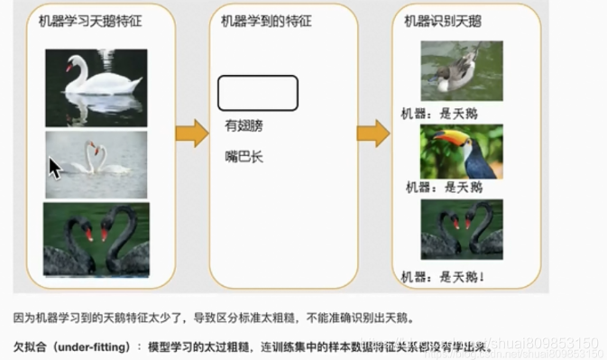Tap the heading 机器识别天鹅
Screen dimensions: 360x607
[x=442, y=22]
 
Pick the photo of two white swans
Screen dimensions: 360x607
[x=97, y=164]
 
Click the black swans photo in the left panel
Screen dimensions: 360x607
[x=96, y=239]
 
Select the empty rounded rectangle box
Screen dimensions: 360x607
[x=257, y=92]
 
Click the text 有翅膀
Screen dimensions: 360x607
[x=244, y=125]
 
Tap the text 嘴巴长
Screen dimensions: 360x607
[x=244, y=157]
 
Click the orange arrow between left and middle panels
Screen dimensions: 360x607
[x=191, y=133]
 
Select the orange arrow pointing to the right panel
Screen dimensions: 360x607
[x=372, y=134]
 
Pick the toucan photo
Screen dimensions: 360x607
[x=461, y=152]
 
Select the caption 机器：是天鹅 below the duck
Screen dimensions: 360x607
[x=439, y=114]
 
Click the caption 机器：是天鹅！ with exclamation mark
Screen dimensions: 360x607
[x=446, y=275]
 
